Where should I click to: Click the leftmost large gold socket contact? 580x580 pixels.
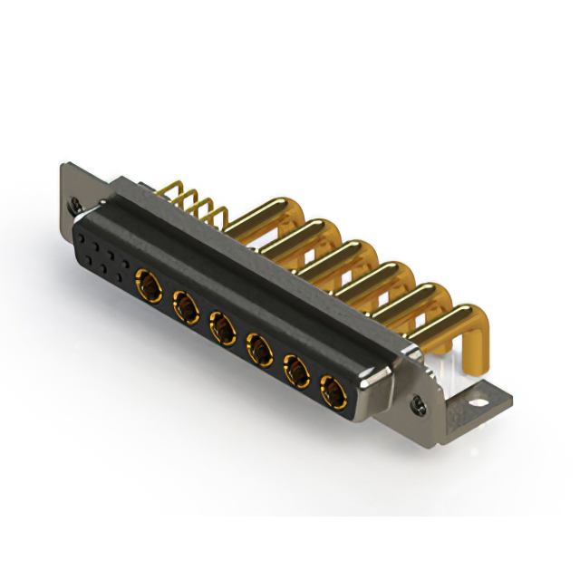[146, 286]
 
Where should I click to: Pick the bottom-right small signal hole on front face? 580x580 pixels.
[121, 274]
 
